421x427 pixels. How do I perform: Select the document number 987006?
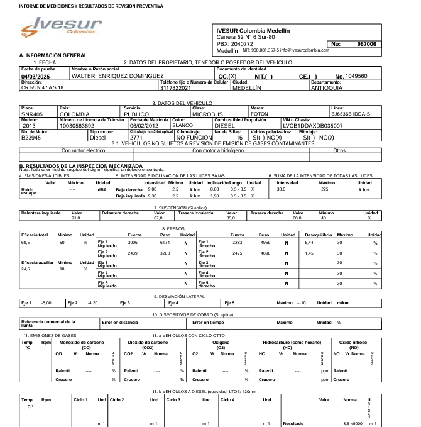point(366,44)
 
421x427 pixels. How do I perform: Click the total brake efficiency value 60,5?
point(26,241)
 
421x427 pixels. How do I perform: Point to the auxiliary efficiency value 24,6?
point(26,269)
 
